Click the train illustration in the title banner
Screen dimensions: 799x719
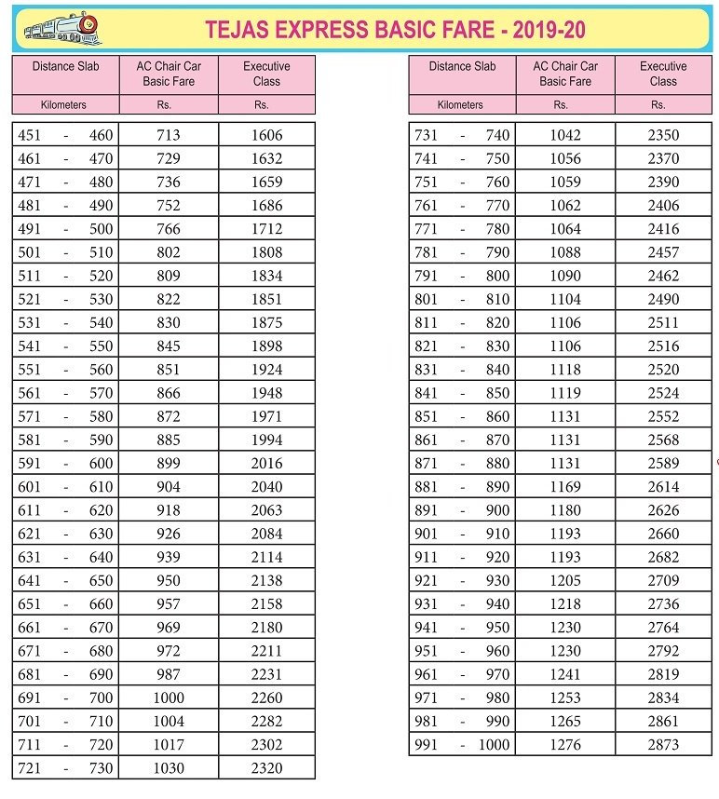pyautogui.click(x=58, y=29)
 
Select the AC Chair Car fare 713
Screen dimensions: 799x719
pyautogui.click(x=169, y=135)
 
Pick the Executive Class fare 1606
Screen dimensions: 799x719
pyautogui.click(x=266, y=135)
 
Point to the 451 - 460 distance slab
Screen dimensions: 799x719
pyautogui.click(x=65, y=135)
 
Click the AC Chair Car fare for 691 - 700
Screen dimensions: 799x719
pyautogui.click(x=169, y=697)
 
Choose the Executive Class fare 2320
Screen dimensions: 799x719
pyautogui.click(x=266, y=768)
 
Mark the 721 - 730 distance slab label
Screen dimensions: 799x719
pyautogui.click(x=65, y=768)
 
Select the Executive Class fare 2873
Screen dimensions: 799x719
pyautogui.click(x=663, y=745)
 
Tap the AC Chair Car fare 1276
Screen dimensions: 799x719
pyautogui.click(x=565, y=745)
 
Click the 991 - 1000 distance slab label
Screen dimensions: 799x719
pyautogui.click(x=462, y=745)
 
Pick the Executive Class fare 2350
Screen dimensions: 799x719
pyautogui.click(x=663, y=135)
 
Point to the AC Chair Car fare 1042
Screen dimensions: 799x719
pyautogui.click(x=565, y=135)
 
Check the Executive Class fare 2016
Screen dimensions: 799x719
pyautogui.click(x=266, y=464)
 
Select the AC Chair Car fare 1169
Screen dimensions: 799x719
pyautogui.click(x=565, y=487)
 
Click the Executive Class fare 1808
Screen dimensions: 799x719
pyautogui.click(x=266, y=252)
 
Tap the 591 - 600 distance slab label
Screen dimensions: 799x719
pyautogui.click(x=65, y=464)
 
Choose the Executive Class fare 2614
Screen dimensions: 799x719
pyautogui.click(x=663, y=487)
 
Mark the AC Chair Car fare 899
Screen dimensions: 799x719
pyautogui.click(x=169, y=464)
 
